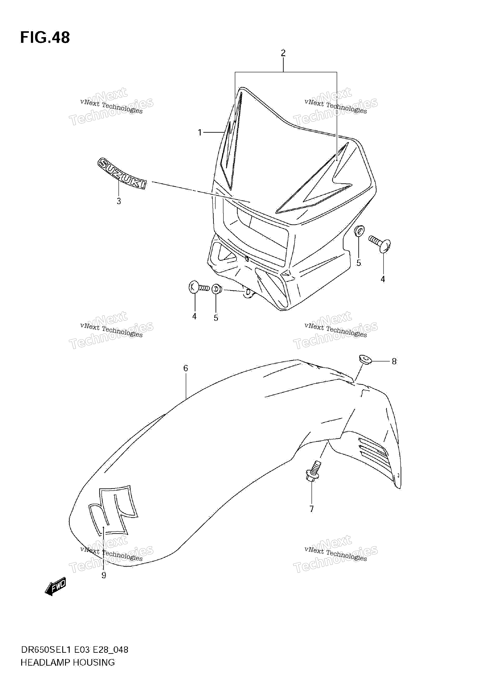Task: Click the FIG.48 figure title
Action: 45,38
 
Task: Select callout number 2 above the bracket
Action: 283,53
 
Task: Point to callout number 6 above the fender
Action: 186,369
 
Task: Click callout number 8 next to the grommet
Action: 394,361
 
